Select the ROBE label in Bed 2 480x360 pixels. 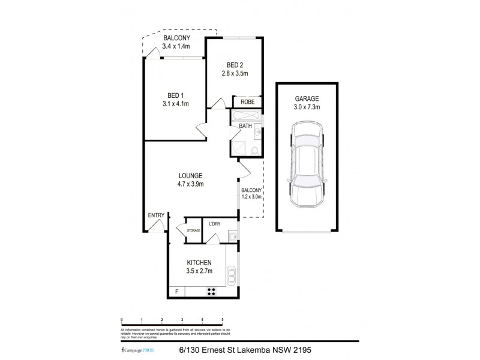[247, 102]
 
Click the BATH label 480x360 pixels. [245, 125]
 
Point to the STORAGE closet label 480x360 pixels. [193, 230]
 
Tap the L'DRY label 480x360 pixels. [215, 224]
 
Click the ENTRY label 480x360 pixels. [155, 215]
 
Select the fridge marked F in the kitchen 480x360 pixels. [176, 292]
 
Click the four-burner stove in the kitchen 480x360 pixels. [212, 292]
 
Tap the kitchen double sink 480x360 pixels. [232, 277]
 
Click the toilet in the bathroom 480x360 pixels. [255, 149]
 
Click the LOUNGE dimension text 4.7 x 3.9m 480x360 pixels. [190, 184]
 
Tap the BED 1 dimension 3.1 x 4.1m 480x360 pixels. [175, 103]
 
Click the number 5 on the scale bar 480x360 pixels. [223, 320]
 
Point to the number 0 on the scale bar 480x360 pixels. [122, 320]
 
